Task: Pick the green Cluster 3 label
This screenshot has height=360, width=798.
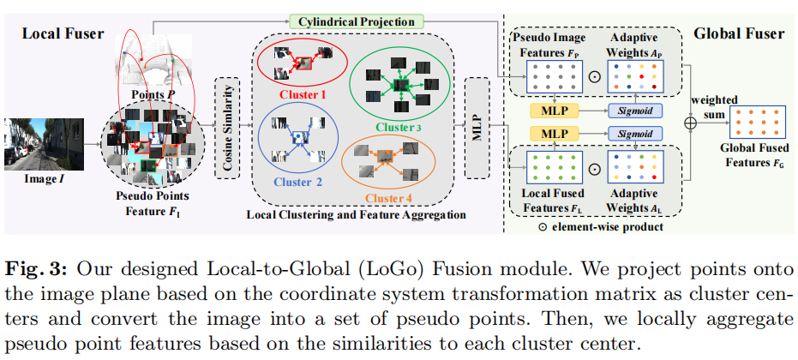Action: click(393, 128)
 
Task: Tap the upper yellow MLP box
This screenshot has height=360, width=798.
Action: click(555, 111)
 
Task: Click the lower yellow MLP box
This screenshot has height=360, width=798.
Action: click(555, 134)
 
